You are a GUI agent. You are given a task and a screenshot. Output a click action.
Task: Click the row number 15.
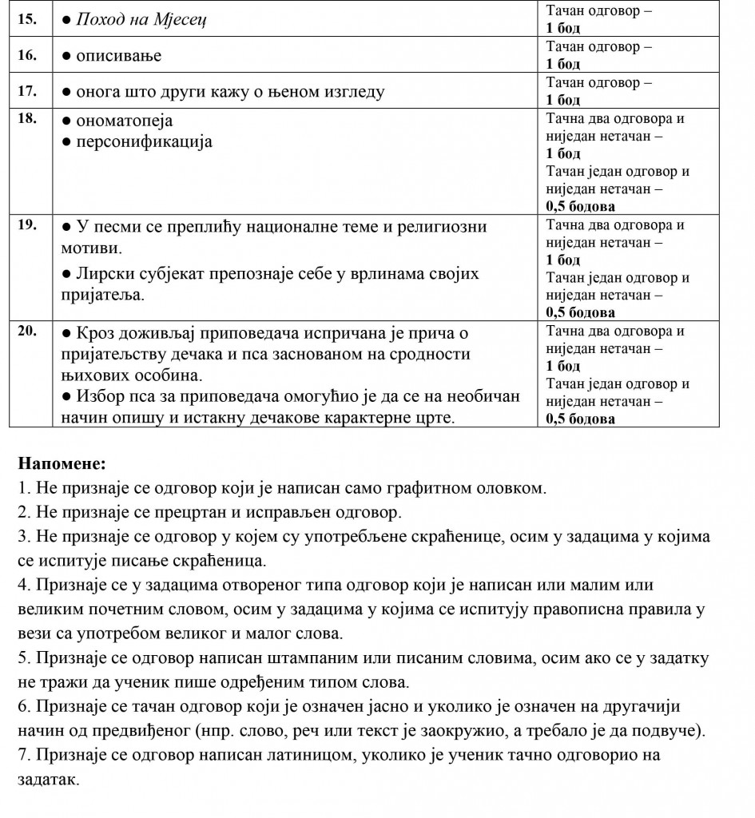coord(26,19)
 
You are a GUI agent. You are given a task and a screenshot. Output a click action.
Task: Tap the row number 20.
coord(26,331)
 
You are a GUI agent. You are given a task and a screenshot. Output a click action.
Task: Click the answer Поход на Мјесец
coord(141,19)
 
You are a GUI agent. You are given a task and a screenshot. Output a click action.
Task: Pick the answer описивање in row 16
coord(118,56)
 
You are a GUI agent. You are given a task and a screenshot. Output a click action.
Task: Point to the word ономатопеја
coord(124,121)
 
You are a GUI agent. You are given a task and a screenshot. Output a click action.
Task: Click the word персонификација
coord(144,141)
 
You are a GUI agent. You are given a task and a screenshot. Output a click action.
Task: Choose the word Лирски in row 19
coord(104,274)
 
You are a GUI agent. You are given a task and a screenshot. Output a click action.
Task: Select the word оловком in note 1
coord(517,487)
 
